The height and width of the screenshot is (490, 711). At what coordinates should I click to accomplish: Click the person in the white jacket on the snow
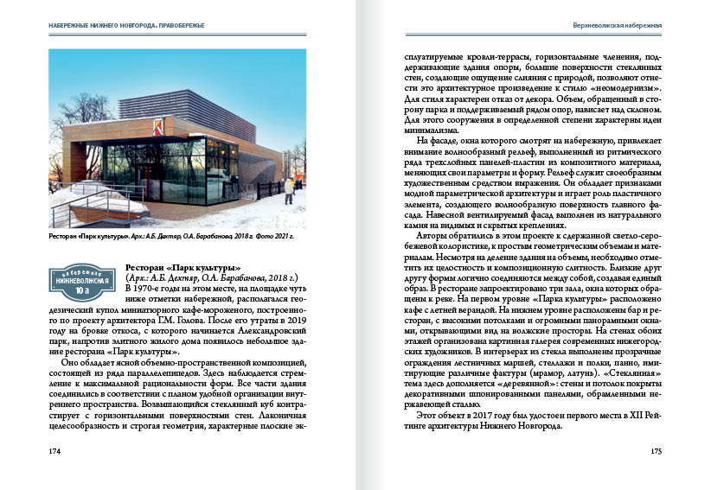pos(288,189)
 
